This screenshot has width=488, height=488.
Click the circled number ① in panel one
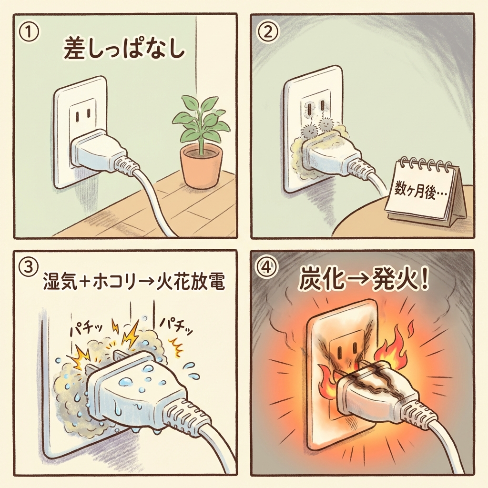pyautogui.click(x=29, y=33)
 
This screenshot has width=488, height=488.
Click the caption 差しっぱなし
pyautogui.click(x=124, y=49)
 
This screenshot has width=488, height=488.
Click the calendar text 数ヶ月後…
pyautogui.click(x=420, y=192)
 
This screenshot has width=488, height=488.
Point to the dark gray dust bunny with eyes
pyautogui.click(x=308, y=130)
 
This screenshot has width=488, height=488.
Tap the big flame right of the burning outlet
pyautogui.click(x=393, y=346)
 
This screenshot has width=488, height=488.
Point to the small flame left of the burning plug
pyautogui.click(x=326, y=381)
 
